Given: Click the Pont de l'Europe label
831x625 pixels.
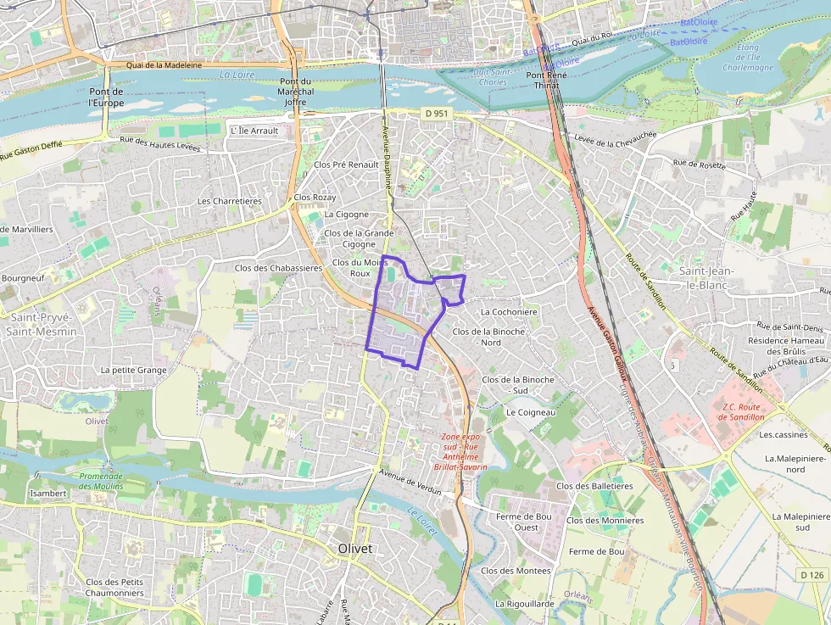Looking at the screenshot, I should (x=107, y=97).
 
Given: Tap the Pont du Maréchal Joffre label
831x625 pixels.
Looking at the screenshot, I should (x=295, y=92).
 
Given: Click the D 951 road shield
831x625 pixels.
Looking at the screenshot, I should (x=436, y=113).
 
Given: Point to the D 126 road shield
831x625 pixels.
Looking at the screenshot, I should (x=811, y=575).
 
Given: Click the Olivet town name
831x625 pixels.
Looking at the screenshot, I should (x=354, y=548).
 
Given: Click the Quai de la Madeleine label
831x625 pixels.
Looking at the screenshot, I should (x=164, y=65).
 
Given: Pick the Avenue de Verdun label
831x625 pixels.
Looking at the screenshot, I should (x=412, y=477).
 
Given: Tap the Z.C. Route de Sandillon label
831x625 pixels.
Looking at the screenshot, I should (x=742, y=411).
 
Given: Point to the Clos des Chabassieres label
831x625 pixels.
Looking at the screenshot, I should (x=278, y=268).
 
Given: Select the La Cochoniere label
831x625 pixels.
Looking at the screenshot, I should (x=509, y=311).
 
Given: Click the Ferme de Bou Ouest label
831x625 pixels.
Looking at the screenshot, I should (x=524, y=522).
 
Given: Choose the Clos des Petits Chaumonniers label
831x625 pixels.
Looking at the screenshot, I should (x=114, y=587).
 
